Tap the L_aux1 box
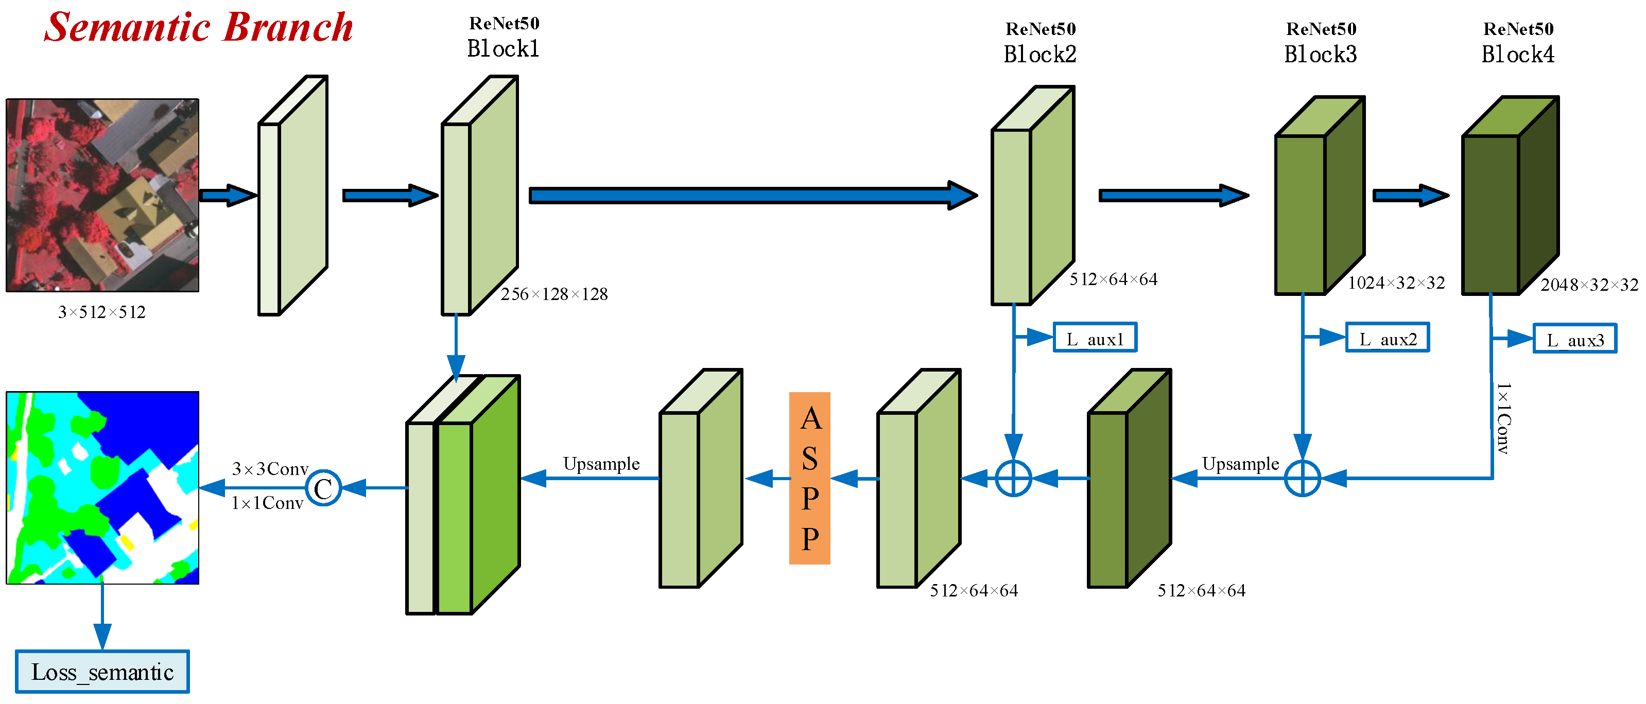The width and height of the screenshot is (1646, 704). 1095,337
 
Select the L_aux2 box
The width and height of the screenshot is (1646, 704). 1387,337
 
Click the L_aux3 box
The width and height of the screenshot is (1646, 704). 1575,339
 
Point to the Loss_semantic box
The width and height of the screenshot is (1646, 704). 102,672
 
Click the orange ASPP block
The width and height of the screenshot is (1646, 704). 809,478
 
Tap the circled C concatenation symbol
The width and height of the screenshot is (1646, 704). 323,488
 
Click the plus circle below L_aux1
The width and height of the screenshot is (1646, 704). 1013,478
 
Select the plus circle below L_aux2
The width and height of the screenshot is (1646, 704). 1302,478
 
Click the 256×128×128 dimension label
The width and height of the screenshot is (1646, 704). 554,294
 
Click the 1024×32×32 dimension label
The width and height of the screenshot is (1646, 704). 1396,283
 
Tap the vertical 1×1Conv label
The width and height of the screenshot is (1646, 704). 1503,418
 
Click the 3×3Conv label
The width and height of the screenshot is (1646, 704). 270,469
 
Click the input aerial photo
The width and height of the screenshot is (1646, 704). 102,195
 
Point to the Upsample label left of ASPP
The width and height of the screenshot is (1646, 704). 601,464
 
